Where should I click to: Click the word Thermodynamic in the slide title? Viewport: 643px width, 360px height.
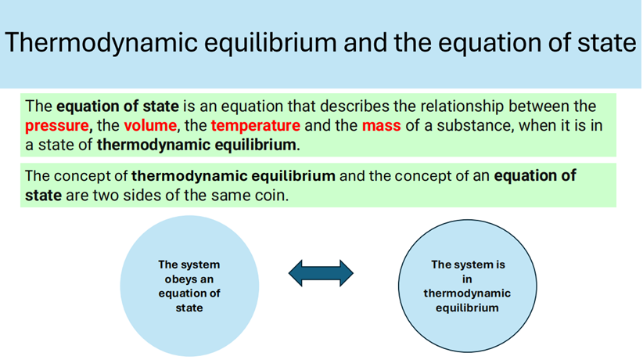point(101,43)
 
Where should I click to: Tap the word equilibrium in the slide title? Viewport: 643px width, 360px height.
point(271,43)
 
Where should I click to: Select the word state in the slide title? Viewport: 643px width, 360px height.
point(607,42)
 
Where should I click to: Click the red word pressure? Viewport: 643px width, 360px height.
point(57,126)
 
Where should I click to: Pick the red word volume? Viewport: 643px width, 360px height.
point(150,125)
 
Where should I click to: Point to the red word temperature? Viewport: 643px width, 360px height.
point(256,126)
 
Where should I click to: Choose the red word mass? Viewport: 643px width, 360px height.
point(382,126)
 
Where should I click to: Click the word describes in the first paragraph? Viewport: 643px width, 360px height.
point(354,106)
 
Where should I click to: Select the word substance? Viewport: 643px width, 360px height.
point(475,125)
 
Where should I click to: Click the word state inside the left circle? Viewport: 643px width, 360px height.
point(189,308)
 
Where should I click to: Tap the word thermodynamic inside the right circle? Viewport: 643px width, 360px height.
point(467,293)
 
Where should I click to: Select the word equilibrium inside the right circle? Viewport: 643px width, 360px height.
point(467,308)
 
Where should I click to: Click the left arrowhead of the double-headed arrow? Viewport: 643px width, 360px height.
point(296,273)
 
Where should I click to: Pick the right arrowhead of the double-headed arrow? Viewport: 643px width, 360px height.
point(346,273)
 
